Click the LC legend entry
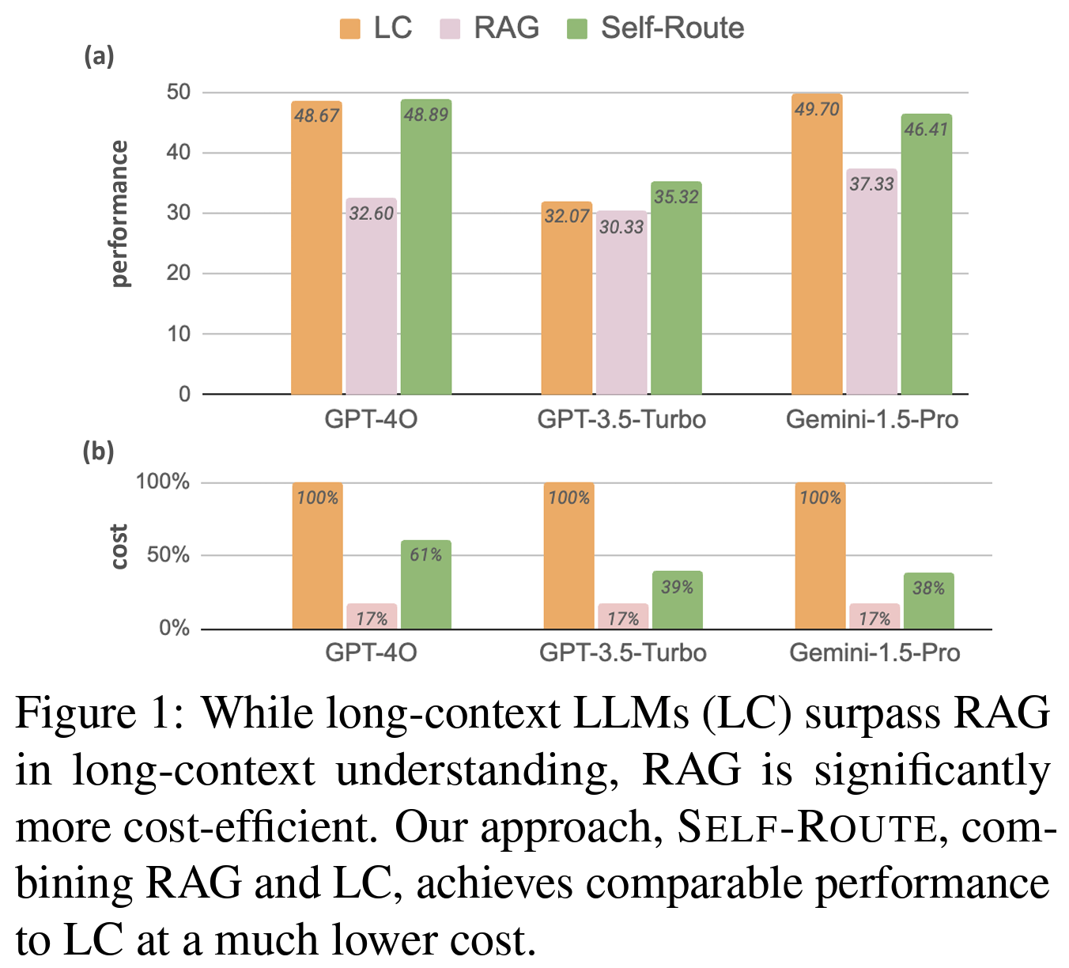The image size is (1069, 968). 376,28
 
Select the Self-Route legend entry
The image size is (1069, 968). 655,28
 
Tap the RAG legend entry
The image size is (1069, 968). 490,28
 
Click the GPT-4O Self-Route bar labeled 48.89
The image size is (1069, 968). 425,253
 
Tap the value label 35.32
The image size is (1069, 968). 676,197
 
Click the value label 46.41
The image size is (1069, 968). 926,129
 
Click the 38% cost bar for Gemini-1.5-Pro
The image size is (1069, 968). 928,603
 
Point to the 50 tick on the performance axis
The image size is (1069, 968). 179,92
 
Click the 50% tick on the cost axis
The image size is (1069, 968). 168,554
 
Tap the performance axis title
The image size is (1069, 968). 119,214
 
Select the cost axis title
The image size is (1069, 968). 119,546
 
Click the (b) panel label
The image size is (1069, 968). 99,452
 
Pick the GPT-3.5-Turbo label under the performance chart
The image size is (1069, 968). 621,419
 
